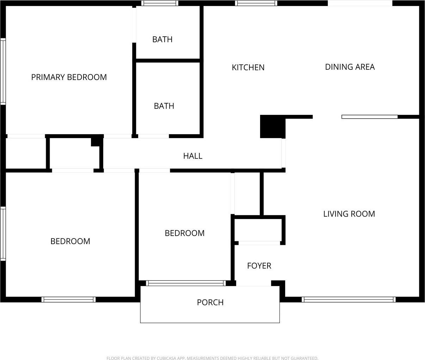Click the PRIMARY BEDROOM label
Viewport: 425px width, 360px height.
point(69,77)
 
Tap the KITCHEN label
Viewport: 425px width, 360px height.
point(248,67)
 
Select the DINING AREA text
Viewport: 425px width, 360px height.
point(350,67)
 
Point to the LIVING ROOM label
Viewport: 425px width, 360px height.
point(349,214)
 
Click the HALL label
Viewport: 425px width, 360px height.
point(193,156)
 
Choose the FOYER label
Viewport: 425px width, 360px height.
point(259,266)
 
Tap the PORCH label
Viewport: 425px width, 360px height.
point(210,302)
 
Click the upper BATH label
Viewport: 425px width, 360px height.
point(162,39)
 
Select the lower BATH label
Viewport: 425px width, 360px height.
point(164,106)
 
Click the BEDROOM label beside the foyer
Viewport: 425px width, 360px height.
point(185,233)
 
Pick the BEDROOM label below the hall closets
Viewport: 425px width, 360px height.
point(70,241)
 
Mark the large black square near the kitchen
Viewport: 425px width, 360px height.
point(273,126)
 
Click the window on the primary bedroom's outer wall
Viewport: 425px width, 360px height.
point(3,72)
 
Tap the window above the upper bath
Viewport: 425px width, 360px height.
point(160,3)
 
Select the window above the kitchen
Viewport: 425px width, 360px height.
point(256,3)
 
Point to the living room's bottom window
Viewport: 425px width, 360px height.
point(349,299)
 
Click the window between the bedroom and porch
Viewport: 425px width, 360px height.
point(186,283)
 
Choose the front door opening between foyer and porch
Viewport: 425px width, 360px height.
point(253,283)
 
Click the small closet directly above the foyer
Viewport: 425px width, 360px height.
point(258,230)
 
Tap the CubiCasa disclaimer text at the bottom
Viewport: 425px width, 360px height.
point(212,358)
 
